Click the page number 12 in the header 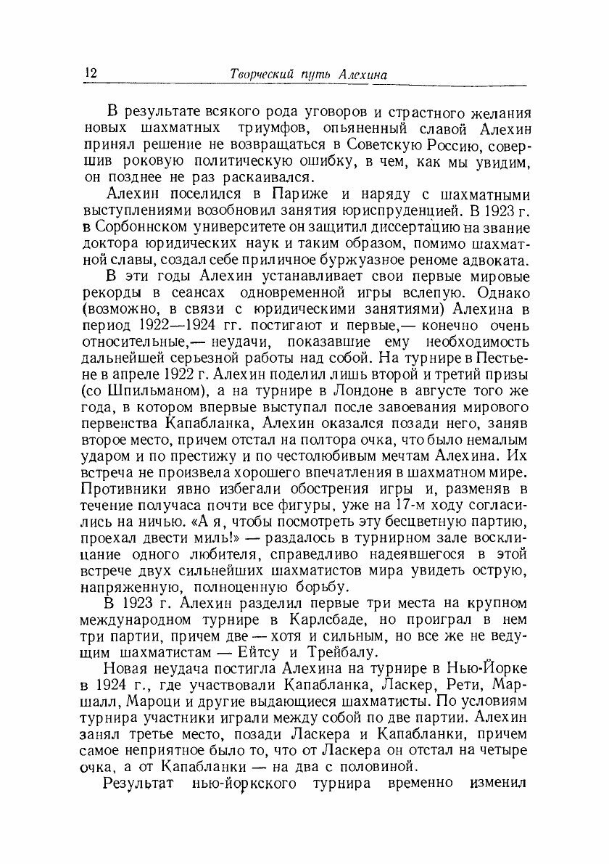91,73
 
